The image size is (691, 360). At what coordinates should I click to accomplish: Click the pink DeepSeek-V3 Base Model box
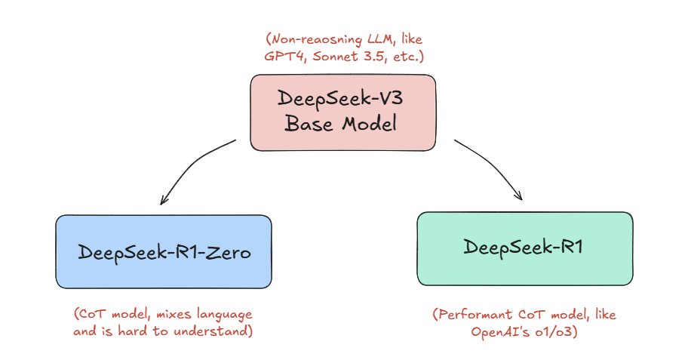(342, 112)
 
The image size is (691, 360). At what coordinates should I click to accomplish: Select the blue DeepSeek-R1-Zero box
(164, 251)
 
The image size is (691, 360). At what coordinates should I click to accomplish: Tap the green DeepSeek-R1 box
(525, 248)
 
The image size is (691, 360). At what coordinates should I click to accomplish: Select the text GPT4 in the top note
(284, 57)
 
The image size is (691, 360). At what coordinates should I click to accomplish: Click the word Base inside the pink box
(309, 123)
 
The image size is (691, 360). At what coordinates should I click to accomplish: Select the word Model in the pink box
(370, 123)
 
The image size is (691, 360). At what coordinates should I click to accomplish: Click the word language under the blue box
(224, 315)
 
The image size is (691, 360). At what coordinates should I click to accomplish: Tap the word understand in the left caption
(213, 331)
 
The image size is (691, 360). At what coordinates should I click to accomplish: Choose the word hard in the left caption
(132, 331)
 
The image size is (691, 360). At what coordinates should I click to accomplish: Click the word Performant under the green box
(472, 315)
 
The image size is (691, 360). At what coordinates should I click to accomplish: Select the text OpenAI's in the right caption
(500, 331)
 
